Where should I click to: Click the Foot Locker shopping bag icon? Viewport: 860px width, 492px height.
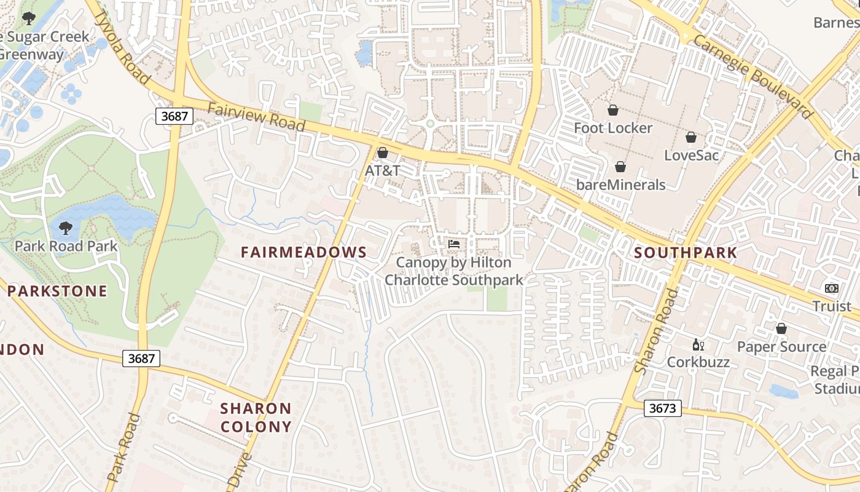pos(612,110)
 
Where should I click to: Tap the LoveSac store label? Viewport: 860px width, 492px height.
pos(691,155)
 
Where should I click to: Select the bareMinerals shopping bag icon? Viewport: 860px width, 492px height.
pos(620,167)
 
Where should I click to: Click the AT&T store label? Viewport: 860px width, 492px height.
pos(382,170)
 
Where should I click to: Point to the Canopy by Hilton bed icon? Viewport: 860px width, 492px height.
pos(454,244)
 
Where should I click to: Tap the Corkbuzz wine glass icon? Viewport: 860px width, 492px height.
pos(697,344)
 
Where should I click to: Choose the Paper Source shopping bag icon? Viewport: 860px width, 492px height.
pos(781,328)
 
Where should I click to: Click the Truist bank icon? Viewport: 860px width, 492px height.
pos(831,288)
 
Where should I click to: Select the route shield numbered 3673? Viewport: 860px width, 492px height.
pos(663,408)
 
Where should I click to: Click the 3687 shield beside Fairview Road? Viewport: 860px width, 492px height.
pos(174,116)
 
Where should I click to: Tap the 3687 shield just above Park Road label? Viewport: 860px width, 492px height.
pos(141,359)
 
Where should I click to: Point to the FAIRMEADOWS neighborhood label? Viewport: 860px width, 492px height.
pos(303,252)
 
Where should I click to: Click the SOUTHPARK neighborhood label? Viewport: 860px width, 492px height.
pos(685,253)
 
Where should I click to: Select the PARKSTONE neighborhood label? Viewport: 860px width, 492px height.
pos(58,291)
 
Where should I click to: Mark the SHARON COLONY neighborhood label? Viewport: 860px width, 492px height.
pos(256,418)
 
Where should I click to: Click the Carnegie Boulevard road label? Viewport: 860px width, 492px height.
pos(753,75)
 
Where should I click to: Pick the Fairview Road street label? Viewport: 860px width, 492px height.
pos(256,117)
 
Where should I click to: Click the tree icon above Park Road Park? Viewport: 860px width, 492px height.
pos(65,228)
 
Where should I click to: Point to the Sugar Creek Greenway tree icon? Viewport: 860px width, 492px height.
pos(29,18)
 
